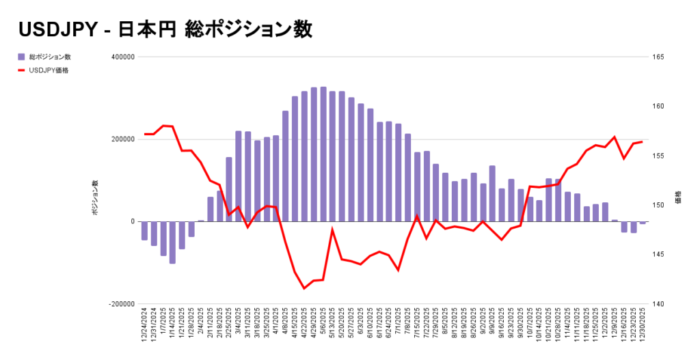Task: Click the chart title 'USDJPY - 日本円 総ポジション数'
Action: (x=165, y=29)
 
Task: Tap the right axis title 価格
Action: (x=677, y=199)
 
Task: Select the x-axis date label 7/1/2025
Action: (x=399, y=329)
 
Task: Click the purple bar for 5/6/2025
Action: (x=323, y=154)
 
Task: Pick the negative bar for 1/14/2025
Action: (x=172, y=243)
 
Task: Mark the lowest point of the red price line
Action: (x=304, y=288)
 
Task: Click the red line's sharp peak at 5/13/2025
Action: (x=332, y=230)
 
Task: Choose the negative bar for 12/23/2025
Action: (x=634, y=227)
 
